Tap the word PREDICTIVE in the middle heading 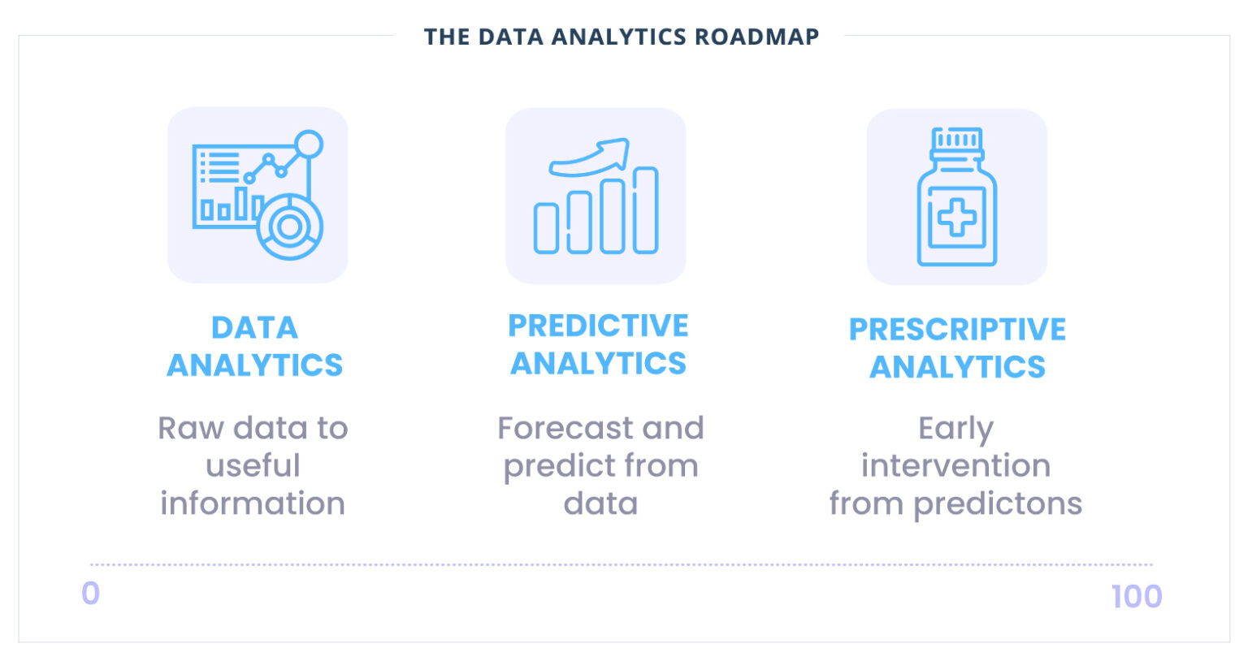coord(598,326)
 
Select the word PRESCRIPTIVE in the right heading coord(957,329)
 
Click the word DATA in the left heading coord(254,327)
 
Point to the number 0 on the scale coord(90,594)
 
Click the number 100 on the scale coord(1136,597)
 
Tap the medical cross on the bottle coord(956,218)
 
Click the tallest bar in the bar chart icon coord(646,210)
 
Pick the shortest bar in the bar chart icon coord(546,228)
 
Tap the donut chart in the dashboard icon coord(289,227)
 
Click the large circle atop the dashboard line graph coord(309,145)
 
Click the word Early coord(955,428)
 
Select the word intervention coord(955,466)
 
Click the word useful coord(253,466)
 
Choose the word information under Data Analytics coord(253,503)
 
